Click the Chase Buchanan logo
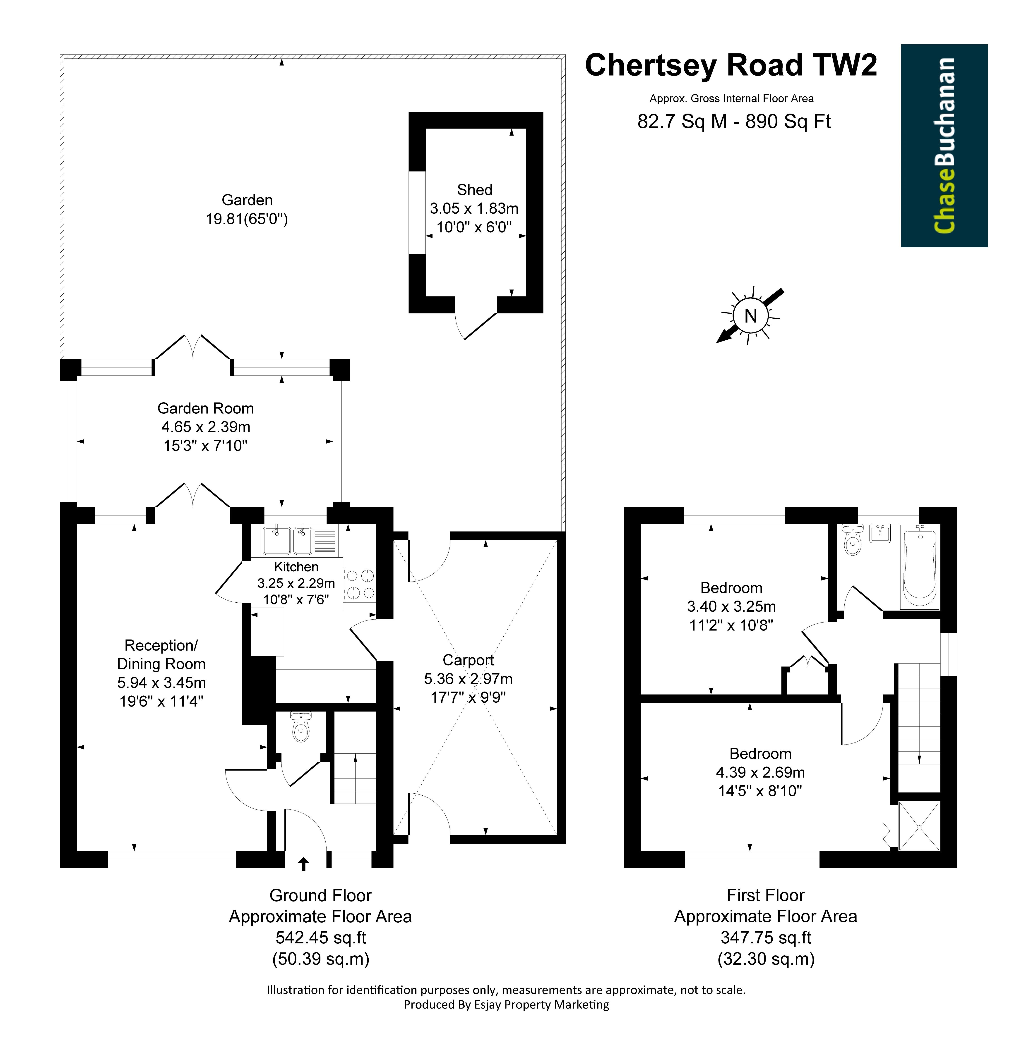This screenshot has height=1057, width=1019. click(944, 146)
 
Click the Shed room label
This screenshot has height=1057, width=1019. click(474, 190)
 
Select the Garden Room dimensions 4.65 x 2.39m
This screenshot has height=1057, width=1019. click(206, 427)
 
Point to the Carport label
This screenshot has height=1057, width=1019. click(468, 660)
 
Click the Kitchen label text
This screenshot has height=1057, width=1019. click(296, 567)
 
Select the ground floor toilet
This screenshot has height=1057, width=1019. click(300, 727)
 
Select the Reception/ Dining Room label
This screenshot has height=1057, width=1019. click(161, 655)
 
